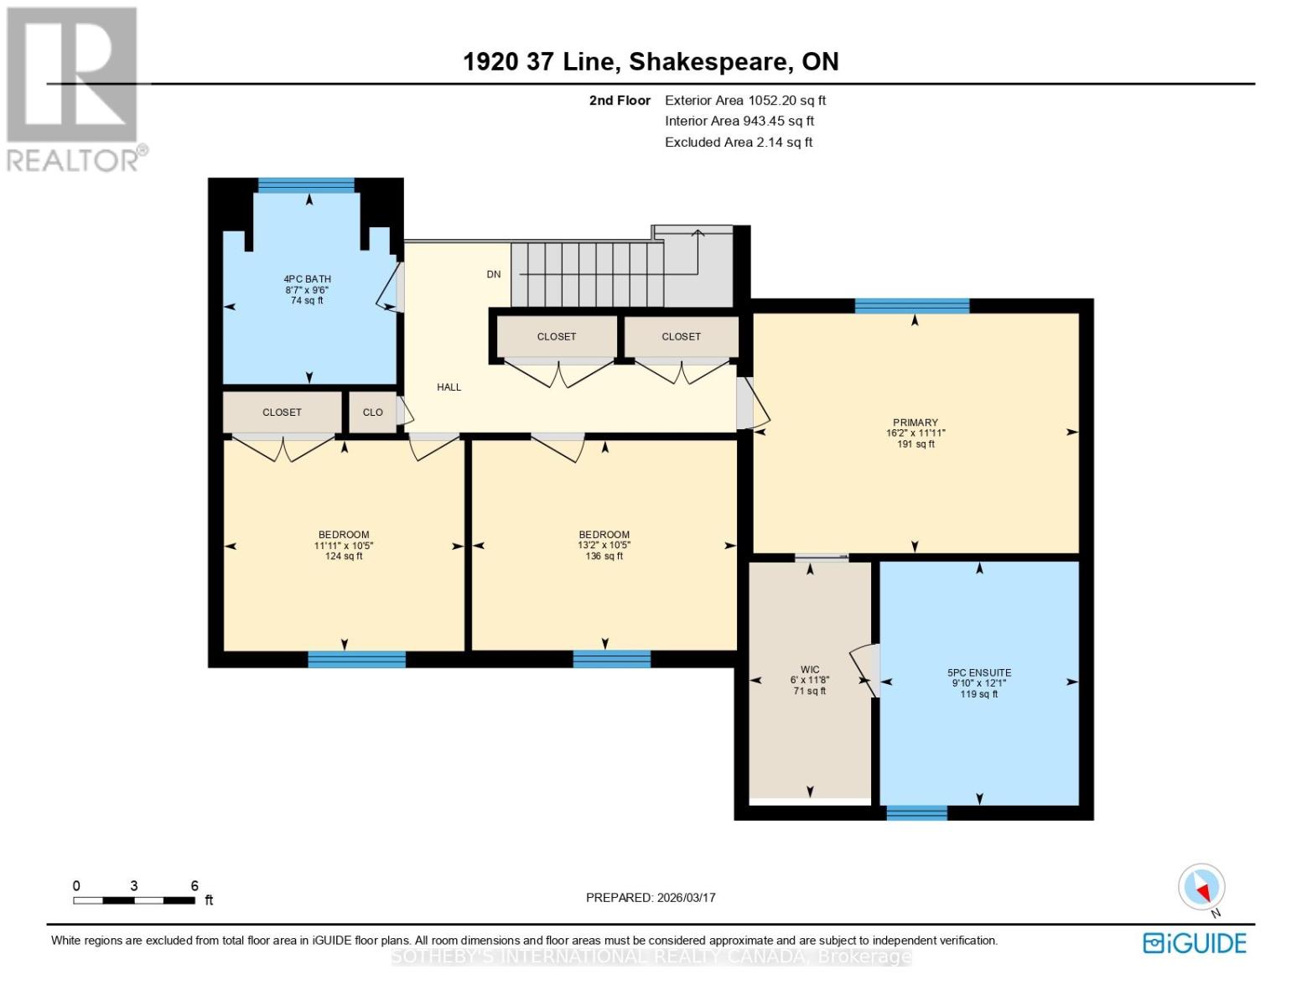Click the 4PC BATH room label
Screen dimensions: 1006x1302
[307, 279]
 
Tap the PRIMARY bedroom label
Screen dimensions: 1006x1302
[915, 423]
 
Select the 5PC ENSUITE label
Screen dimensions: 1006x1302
[978, 672]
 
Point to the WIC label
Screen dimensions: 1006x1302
[809, 670]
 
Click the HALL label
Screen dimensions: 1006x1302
[449, 387]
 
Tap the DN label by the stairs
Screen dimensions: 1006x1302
[494, 274]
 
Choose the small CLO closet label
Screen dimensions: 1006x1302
[372, 412]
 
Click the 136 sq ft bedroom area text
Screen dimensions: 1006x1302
[604, 557]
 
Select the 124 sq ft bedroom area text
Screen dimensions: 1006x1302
[344, 557]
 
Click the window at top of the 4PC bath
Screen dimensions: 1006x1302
[306, 185]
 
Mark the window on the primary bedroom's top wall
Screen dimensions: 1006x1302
[911, 306]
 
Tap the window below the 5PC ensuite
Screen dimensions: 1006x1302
[916, 812]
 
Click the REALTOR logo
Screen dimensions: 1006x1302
[74, 88]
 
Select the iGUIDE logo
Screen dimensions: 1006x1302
[1195, 943]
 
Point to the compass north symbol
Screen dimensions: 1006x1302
[1202, 888]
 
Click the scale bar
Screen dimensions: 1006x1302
[134, 900]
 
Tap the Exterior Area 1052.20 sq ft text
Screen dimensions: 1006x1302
[745, 101]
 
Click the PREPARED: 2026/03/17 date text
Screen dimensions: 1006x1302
[651, 898]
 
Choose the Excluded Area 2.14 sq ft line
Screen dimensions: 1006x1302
[739, 143]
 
